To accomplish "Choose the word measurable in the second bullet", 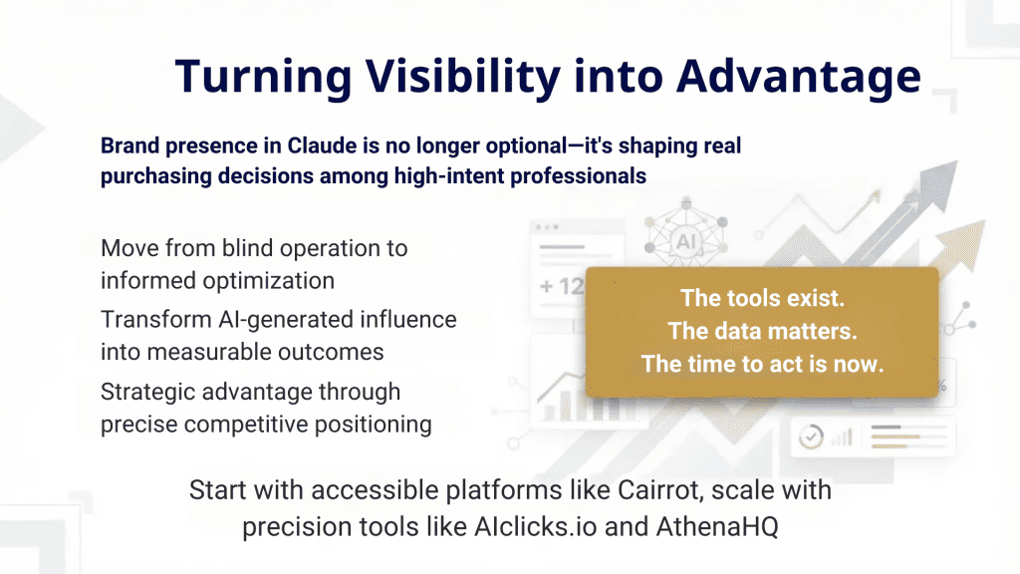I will point(199,353).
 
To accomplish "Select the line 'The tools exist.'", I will point(762,298).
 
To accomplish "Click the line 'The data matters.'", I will point(762,331).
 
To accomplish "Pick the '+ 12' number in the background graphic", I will point(559,287).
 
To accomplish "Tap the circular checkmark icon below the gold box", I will point(813,436).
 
